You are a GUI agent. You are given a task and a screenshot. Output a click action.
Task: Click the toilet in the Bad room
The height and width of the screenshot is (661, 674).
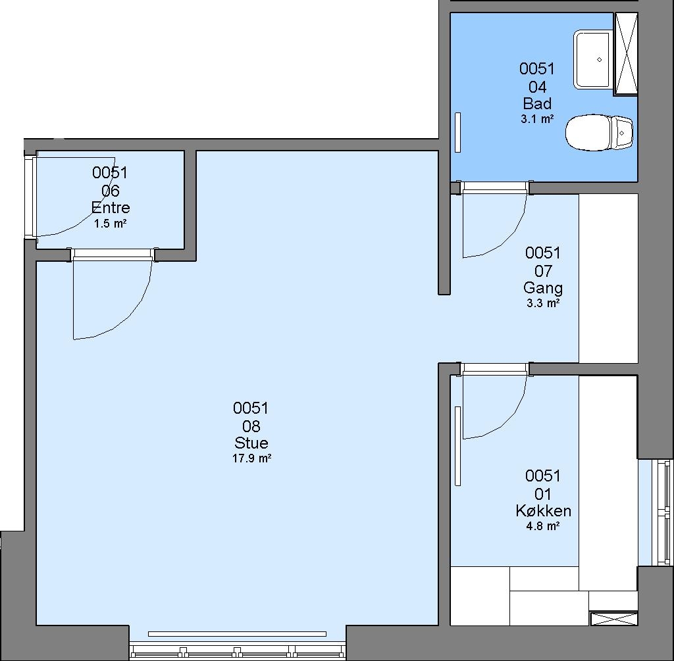pos(599,132)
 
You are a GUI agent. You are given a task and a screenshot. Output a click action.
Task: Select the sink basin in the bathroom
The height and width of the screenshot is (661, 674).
pos(593,60)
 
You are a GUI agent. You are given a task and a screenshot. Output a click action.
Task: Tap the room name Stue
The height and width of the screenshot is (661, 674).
pos(251,443)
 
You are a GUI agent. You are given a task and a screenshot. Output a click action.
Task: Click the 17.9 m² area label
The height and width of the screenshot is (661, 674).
pos(251,458)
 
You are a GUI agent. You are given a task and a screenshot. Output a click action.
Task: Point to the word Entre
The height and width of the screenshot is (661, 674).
pos(111,208)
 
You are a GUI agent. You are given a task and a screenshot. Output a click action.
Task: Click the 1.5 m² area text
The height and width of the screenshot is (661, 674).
pos(111,224)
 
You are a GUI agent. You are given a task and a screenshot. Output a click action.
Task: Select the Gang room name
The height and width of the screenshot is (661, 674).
pos(543,288)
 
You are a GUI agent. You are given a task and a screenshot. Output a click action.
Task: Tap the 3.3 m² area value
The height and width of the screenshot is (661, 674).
pos(543,303)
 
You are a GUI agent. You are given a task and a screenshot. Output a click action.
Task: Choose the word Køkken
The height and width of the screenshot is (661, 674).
pos(543,510)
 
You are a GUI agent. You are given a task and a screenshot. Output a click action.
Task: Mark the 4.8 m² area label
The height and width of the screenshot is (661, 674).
pos(543,526)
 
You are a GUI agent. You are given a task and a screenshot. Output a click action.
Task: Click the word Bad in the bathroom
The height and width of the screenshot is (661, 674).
pos(537,103)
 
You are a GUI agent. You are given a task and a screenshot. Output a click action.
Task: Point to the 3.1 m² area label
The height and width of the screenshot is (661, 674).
pos(537,119)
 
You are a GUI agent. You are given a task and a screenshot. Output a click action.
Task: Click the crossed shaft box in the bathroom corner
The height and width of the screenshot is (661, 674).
pos(625,54)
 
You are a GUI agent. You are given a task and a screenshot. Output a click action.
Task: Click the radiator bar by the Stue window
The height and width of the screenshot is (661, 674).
pos(237,634)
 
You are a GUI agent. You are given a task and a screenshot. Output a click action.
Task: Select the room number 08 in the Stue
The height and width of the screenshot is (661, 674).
pos(251,426)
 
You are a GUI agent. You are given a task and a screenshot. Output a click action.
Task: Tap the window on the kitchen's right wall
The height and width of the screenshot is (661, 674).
pos(662,513)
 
